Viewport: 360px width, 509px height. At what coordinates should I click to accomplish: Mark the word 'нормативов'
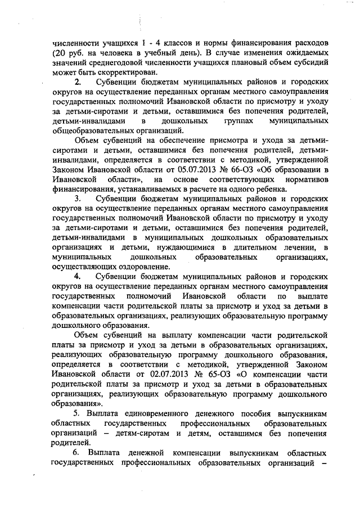click(303, 180)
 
